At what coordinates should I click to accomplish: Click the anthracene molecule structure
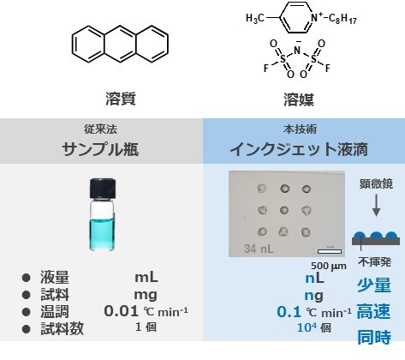tap(120, 44)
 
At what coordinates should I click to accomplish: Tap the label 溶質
tap(121, 99)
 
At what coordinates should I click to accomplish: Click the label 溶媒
tap(299, 99)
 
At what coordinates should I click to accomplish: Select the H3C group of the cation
tap(255, 19)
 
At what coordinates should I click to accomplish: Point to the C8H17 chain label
tap(342, 19)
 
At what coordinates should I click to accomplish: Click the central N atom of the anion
tap(297, 51)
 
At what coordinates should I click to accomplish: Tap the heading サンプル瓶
tap(100, 149)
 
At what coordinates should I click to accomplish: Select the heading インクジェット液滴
tap(299, 149)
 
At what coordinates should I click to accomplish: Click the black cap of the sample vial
tap(103, 189)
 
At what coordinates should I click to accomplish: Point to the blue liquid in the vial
tap(103, 234)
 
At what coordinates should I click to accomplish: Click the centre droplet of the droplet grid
tap(284, 210)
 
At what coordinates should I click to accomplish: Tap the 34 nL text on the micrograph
tap(259, 249)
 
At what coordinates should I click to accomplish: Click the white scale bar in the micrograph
tap(330, 251)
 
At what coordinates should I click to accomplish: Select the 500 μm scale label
tap(329, 266)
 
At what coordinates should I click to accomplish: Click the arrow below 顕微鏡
tap(377, 205)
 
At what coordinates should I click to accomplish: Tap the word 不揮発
tap(374, 261)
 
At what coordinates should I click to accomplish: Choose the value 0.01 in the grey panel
tap(121, 311)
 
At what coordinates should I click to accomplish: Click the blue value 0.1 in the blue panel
tap(289, 312)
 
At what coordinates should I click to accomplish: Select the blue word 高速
tap(373, 311)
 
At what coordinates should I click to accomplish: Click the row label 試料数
tap(62, 328)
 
